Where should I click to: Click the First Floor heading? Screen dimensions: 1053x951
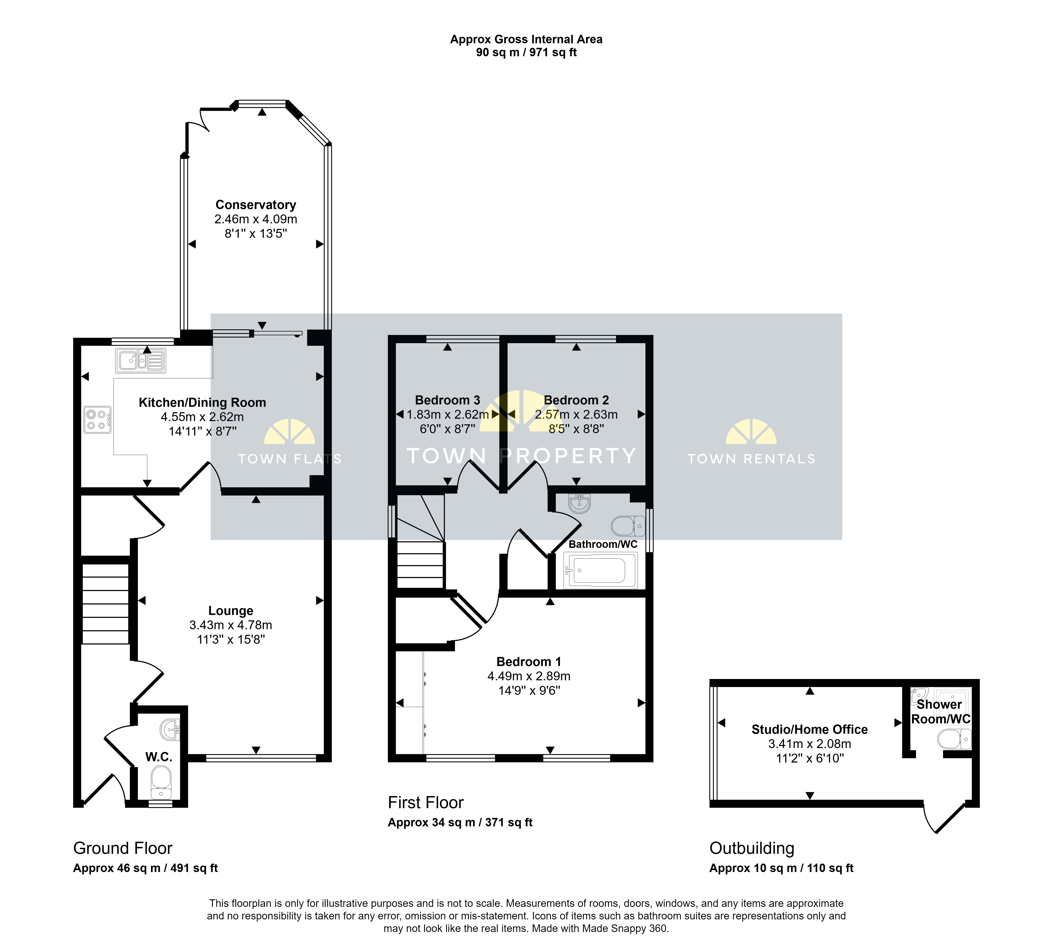426,802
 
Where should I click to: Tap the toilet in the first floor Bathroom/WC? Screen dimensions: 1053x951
628,526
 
